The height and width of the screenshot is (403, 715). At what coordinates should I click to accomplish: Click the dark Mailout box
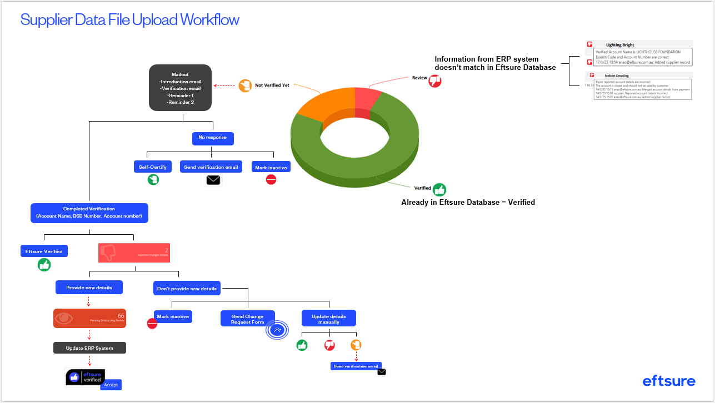179,87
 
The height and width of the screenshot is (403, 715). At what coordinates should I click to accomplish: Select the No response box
212,138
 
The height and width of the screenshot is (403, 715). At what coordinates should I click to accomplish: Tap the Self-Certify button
153,167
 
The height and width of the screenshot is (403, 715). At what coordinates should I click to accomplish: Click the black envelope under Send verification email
213,180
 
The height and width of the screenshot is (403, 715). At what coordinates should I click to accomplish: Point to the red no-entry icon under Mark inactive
271,179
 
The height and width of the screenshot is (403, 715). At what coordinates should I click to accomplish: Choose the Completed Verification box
89,213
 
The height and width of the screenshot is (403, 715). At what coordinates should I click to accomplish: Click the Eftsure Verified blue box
44,251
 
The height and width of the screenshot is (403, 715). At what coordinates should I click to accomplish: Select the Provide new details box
89,287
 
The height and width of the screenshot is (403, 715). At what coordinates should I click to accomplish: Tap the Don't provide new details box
187,289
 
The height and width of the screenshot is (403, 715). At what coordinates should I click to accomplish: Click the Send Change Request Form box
248,319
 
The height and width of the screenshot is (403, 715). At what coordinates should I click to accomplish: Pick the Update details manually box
329,319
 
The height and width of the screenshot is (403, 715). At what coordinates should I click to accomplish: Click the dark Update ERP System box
89,348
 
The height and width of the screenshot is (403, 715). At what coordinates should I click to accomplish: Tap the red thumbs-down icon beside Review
435,80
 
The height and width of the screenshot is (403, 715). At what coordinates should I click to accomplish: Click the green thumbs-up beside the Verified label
439,189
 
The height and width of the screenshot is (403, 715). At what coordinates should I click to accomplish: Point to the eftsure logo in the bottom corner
669,381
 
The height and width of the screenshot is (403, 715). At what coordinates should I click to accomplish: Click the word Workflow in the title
209,21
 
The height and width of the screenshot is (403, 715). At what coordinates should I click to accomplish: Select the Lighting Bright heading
620,45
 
